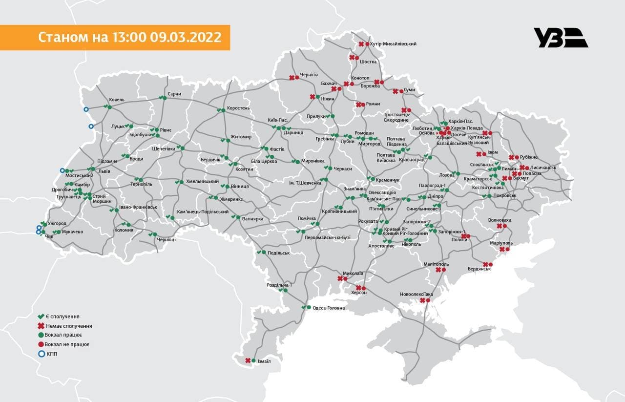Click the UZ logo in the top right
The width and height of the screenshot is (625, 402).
[561, 38]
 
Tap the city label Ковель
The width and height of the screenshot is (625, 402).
[117, 100]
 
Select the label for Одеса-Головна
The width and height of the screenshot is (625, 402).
[329, 308]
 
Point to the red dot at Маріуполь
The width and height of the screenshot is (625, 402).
[507, 250]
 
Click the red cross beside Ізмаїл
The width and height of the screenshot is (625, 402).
[248, 360]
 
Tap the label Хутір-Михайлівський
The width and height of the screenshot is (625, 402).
[393, 44]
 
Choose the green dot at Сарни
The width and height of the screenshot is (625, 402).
[165, 99]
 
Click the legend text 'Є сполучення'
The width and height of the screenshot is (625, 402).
[63, 317]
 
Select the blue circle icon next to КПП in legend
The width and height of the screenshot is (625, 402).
[41, 354]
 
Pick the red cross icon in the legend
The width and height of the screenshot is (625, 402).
[41, 326]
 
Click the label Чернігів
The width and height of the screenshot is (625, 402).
[309, 74]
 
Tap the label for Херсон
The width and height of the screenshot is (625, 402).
[359, 293]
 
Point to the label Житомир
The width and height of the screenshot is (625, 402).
[241, 137]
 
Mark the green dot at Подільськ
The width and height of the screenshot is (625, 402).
[264, 253]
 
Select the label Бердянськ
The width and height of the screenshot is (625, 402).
[479, 269]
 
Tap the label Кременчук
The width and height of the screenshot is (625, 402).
[388, 180]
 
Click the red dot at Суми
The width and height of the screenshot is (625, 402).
[401, 91]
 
